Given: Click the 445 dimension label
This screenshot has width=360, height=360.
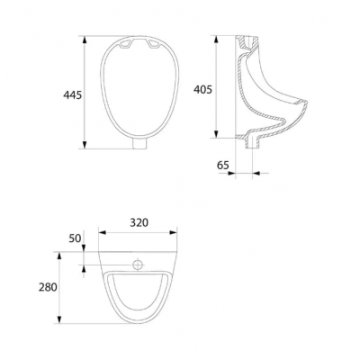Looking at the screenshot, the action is coord(72,95).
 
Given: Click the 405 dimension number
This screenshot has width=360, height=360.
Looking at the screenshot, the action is coord(202,89).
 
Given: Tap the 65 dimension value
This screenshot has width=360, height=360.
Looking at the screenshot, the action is coord(223,165).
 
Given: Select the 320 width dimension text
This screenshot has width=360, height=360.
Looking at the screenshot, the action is coord(139,222).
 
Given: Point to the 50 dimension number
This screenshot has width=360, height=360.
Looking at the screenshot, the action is coord(75,238).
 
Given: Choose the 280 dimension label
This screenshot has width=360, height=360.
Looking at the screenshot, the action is coord(48,287).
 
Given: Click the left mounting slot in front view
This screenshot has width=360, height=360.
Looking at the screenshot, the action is coord(126,44).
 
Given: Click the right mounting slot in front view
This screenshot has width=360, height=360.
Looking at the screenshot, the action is coord(153,44).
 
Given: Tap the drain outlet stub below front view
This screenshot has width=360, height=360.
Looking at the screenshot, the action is coord(139,144).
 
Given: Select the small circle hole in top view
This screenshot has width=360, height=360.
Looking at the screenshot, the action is coord(138,265).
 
